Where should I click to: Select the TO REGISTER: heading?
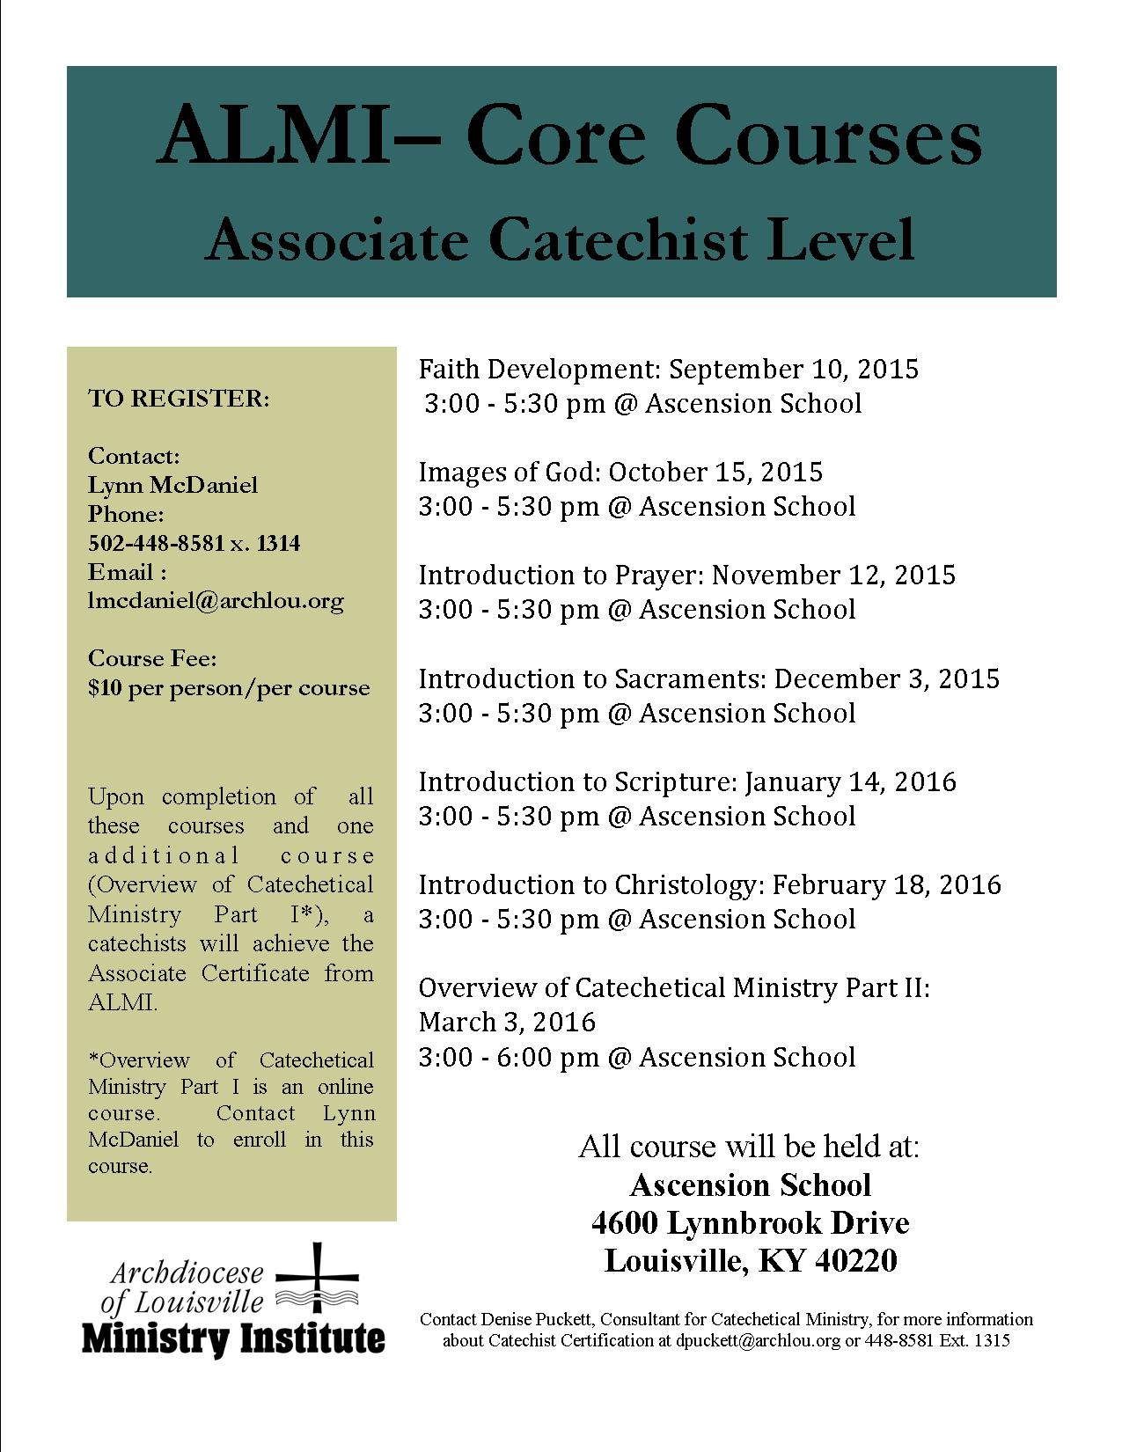click(179, 399)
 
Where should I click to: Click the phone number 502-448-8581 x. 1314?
click(194, 543)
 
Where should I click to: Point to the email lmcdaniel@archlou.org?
click(216, 601)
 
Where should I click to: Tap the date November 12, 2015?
click(833, 575)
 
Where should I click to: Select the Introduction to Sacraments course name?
click(592, 678)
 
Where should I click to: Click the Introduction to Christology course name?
click(592, 884)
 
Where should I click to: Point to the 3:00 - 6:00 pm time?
click(509, 1056)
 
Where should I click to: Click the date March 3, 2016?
click(508, 1022)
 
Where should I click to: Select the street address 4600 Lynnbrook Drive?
click(750, 1222)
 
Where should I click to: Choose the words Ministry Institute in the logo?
click(233, 1338)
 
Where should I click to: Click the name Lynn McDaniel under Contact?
click(173, 485)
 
